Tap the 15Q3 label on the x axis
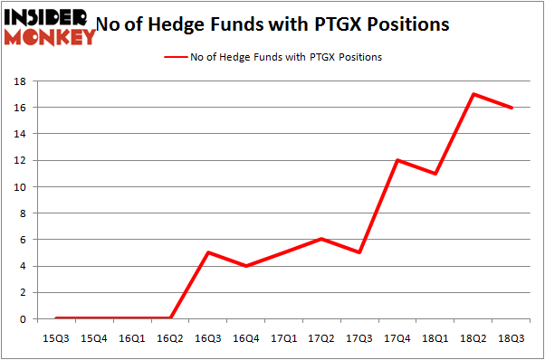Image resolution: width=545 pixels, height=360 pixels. tap(56, 337)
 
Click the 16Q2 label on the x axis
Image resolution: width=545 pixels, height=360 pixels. tap(170, 337)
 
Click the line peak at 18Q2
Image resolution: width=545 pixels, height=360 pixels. tap(473, 94)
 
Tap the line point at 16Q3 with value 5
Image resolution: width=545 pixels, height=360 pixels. tap(208, 252)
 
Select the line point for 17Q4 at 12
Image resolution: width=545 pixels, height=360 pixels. tap(397, 160)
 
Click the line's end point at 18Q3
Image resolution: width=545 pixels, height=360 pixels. tap(512, 108)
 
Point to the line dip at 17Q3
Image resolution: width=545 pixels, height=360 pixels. tap(359, 252)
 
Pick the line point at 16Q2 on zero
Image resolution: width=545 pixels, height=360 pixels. tap(170, 318)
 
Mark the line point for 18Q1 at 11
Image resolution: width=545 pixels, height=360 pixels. tap(435, 174)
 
